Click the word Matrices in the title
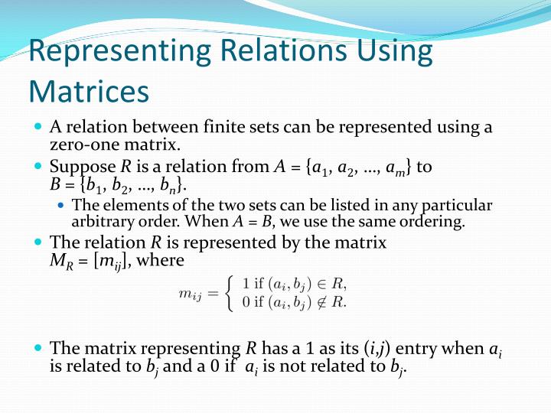pos(88,91)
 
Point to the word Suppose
pos(82,166)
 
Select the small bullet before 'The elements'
pos(62,205)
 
